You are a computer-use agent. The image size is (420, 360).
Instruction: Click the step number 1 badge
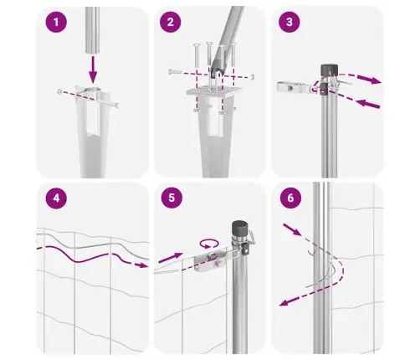(57, 24)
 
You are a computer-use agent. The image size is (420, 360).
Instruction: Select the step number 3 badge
(289, 24)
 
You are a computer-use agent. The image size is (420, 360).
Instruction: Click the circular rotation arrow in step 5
(209, 242)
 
